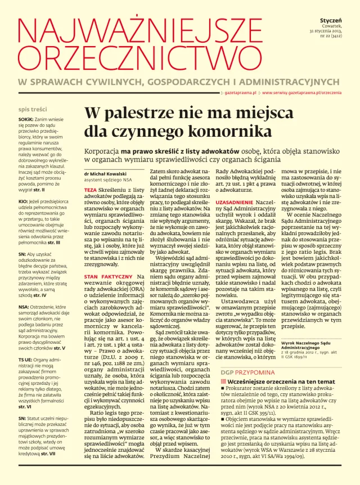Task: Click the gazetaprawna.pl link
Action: (240, 92)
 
